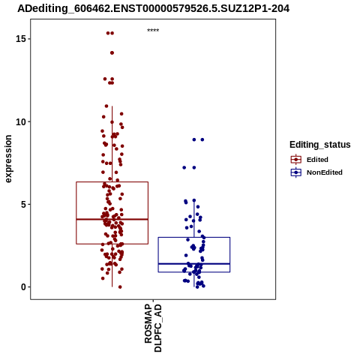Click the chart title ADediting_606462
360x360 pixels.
(x=153, y=8)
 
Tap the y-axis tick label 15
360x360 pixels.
(x=21, y=39)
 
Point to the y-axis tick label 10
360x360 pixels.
(x=21, y=121)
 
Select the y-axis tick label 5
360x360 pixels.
(x=24, y=205)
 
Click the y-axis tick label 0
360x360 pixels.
(x=24, y=287)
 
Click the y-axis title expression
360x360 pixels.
(x=8, y=159)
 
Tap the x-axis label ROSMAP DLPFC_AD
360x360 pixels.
(x=153, y=328)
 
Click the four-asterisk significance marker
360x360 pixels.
(x=153, y=30)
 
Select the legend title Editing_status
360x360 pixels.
(x=320, y=145)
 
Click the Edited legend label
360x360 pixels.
(x=317, y=160)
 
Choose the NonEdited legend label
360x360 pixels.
(x=325, y=172)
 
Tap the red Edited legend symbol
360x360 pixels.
(x=296, y=160)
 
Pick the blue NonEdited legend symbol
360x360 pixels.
(x=296, y=172)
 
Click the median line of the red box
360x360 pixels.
(x=112, y=219)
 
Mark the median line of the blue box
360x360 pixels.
(x=194, y=264)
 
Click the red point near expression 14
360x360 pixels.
(x=112, y=52)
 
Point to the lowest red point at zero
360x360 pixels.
(x=120, y=287)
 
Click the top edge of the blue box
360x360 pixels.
(x=194, y=237)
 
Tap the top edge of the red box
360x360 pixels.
(x=112, y=182)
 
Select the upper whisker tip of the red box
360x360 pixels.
(x=112, y=106)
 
